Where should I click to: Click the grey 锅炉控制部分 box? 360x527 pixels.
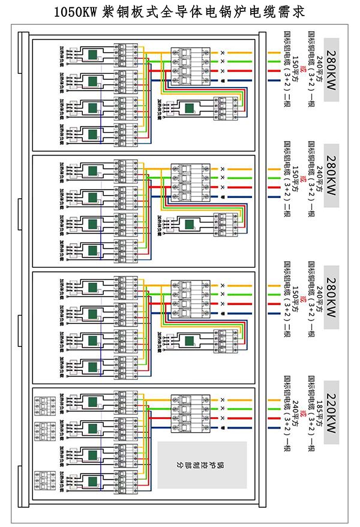pos(203,465)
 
